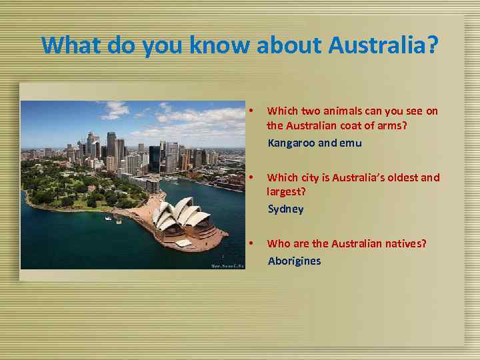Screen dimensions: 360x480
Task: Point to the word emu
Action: pos(351,143)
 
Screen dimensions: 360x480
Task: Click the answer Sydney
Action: pos(285,209)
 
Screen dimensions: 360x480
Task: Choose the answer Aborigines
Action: pos(294,261)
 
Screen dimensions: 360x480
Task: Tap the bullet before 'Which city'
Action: pos(249,177)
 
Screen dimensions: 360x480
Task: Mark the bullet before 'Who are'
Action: pos(249,243)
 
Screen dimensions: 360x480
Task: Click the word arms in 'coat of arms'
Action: pos(388,125)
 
